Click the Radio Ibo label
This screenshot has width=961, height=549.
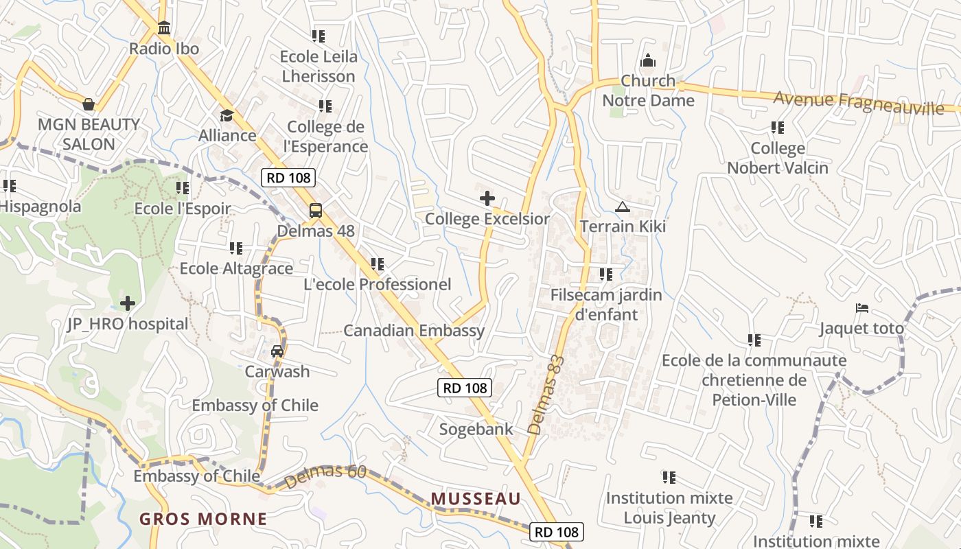(164, 49)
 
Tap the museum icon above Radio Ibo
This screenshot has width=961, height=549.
(164, 29)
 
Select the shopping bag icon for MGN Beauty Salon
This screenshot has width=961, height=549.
(89, 104)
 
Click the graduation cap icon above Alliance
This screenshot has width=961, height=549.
(227, 115)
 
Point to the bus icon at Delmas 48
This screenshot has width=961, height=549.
(316, 211)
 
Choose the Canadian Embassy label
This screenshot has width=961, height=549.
(414, 330)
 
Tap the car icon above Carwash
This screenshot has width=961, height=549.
(277, 351)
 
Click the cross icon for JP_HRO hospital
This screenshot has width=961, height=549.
(128, 303)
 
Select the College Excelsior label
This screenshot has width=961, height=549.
(487, 219)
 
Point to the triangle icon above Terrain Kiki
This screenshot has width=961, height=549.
(623, 207)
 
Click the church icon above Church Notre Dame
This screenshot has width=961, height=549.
(648, 61)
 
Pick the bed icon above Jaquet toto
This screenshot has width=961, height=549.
(862, 308)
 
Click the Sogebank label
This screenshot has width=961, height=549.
(476, 430)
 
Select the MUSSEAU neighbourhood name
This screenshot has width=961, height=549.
(476, 498)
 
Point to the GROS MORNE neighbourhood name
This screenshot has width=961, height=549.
(203, 518)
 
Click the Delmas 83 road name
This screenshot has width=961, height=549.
(546, 395)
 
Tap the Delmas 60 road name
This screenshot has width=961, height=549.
(324, 478)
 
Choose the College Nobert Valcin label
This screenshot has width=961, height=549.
(778, 158)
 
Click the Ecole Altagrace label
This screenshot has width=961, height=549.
(236, 268)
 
